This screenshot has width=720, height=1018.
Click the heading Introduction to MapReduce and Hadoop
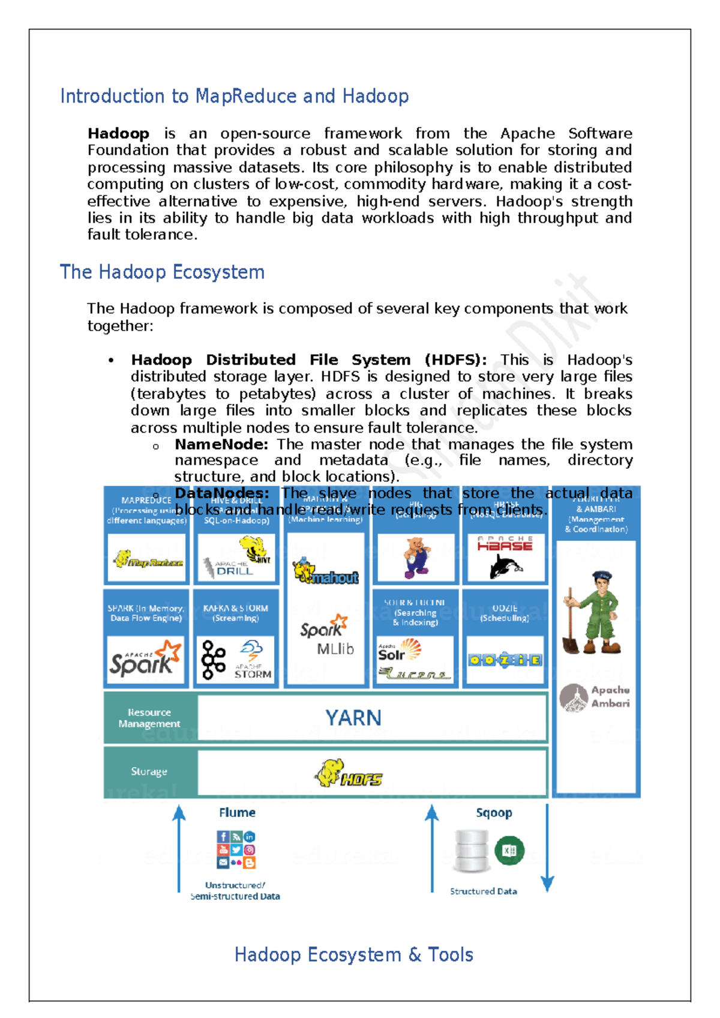tap(234, 96)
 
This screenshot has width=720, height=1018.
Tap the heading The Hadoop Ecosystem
tap(162, 272)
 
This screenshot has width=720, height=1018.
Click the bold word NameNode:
tap(221, 445)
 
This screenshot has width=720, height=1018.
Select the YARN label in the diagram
tap(353, 718)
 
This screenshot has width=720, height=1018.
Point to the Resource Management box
tap(149, 718)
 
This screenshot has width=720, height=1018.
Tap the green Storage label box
tap(149, 771)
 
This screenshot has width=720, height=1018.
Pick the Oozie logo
tap(505, 660)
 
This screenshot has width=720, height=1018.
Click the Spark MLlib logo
tap(326, 635)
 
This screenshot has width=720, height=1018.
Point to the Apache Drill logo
tap(229, 568)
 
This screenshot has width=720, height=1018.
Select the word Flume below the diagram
tap(237, 813)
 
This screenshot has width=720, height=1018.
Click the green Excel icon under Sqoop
tap(509, 851)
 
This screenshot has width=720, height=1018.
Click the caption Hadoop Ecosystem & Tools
tap(353, 954)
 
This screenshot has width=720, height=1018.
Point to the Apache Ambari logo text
tap(610, 697)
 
